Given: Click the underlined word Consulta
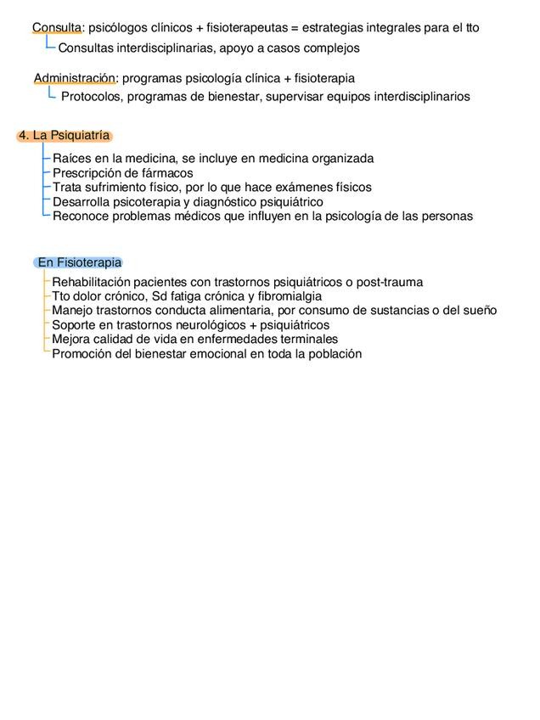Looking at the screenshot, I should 57,28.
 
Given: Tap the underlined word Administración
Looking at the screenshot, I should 74,78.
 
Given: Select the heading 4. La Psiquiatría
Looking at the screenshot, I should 65,136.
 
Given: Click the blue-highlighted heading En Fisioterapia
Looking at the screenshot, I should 80,262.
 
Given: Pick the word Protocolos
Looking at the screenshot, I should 91,97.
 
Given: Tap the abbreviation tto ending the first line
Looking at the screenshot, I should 472,28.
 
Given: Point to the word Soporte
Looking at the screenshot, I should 75,324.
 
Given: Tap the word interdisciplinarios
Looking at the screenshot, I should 418,97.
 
